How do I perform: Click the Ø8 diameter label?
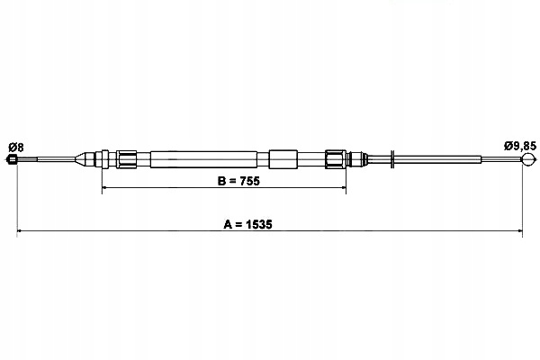point(16,148)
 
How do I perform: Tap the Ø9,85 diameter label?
point(520,146)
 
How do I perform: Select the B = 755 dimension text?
point(238,181)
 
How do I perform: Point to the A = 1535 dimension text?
point(247,224)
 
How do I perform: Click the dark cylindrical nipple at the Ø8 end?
point(12,159)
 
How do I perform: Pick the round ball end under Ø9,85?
point(528,159)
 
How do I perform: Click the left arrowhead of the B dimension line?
point(104,187)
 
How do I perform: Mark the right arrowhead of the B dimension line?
point(344,187)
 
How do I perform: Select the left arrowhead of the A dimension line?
point(19,230)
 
